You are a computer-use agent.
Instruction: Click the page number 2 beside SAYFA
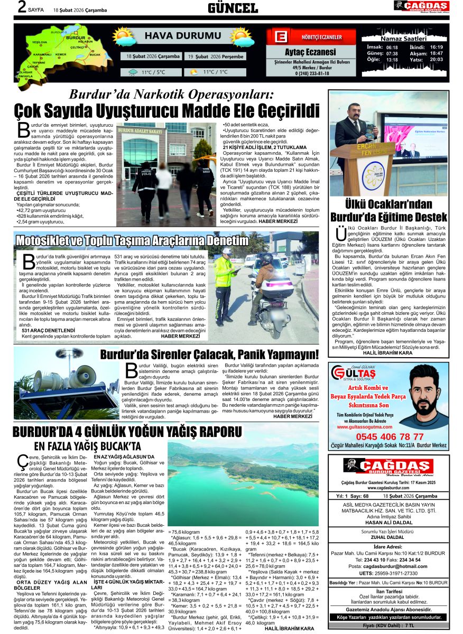[x=22, y=7]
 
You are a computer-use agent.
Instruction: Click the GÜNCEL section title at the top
[x=233, y=8]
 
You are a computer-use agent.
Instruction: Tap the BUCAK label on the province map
[x=95, y=54]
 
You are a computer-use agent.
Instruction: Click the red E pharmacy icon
[x=281, y=37]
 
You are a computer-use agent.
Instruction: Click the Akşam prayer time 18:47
[x=436, y=53]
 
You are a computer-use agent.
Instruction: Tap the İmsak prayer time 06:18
[x=392, y=47]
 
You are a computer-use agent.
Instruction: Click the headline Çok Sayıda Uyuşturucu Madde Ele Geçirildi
[x=167, y=111]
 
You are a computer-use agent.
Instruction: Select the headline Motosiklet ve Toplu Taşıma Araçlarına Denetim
[x=132, y=241]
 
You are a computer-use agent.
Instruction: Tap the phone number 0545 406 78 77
[x=388, y=437]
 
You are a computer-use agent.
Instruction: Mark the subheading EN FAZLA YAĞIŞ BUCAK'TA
[x=87, y=446]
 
